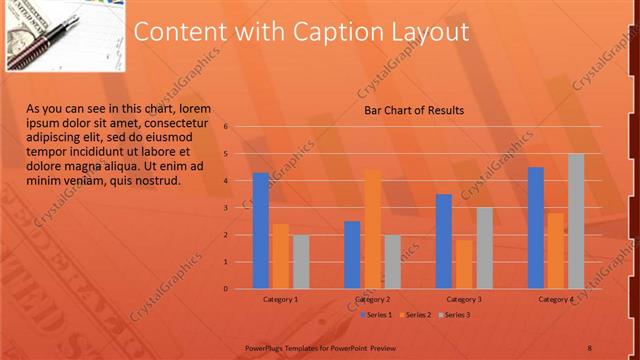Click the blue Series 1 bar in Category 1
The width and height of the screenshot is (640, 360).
pyautogui.click(x=261, y=231)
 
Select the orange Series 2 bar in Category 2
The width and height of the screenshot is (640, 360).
pyautogui.click(x=372, y=230)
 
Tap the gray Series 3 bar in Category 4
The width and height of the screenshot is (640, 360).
pyautogui.click(x=576, y=221)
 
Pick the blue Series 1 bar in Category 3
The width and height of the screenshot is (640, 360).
pyautogui.click(x=444, y=241)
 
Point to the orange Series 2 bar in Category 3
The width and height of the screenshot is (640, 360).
pyautogui.click(x=464, y=264)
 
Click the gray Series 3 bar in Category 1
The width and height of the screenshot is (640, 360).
pyautogui.click(x=301, y=262)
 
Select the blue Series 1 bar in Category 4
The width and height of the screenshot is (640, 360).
pyautogui.click(x=536, y=228)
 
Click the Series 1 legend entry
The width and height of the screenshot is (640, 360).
pyautogui.click(x=376, y=315)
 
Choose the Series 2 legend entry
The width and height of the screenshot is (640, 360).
pyautogui.click(x=415, y=315)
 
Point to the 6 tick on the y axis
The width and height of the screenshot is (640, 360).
pyautogui.click(x=227, y=127)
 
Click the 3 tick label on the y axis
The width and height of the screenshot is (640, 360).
pyautogui.click(x=227, y=208)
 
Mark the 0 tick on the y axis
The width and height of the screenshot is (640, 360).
pyautogui.click(x=227, y=289)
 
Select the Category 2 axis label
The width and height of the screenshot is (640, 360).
pyautogui.click(x=372, y=299)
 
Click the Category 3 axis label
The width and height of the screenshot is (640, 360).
pyautogui.click(x=464, y=299)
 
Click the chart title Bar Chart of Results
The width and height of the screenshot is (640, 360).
pyautogui.click(x=413, y=110)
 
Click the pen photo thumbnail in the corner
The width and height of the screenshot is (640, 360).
pyautogui.click(x=65, y=35)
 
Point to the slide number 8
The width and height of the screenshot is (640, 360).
pyautogui.click(x=588, y=346)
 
